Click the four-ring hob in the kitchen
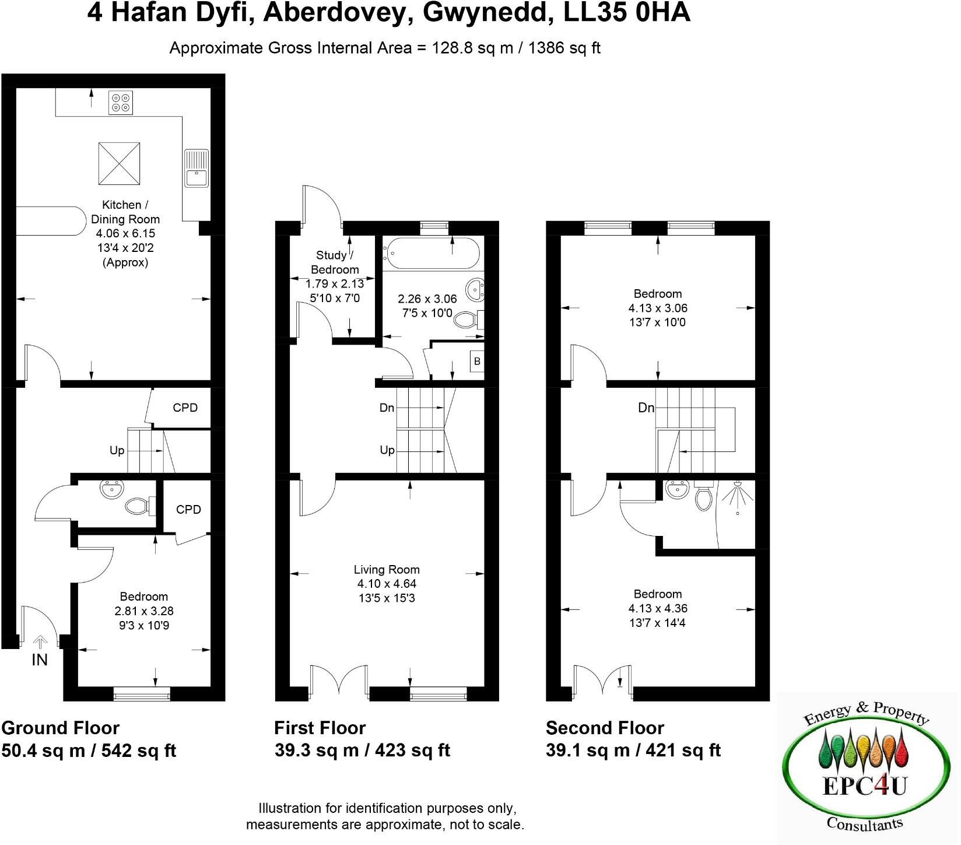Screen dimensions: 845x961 point(121,103)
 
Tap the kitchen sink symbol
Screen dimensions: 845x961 point(197,169)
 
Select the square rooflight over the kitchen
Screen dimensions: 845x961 point(118,164)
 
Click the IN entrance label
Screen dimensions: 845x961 point(40,660)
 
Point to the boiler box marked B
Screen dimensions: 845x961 point(477,362)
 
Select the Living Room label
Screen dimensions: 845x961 point(387,570)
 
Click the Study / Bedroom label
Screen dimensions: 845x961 point(335,262)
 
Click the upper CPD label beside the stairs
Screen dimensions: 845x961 point(185,408)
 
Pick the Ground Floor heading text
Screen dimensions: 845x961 point(61,728)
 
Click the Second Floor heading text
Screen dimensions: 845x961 point(605,728)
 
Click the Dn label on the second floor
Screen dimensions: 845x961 point(646,408)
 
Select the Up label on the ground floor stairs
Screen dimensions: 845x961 point(117,451)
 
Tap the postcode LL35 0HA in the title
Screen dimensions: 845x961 point(627,13)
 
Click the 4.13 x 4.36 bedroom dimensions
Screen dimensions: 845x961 point(658,608)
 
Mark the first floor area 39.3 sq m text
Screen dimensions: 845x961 point(317,751)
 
